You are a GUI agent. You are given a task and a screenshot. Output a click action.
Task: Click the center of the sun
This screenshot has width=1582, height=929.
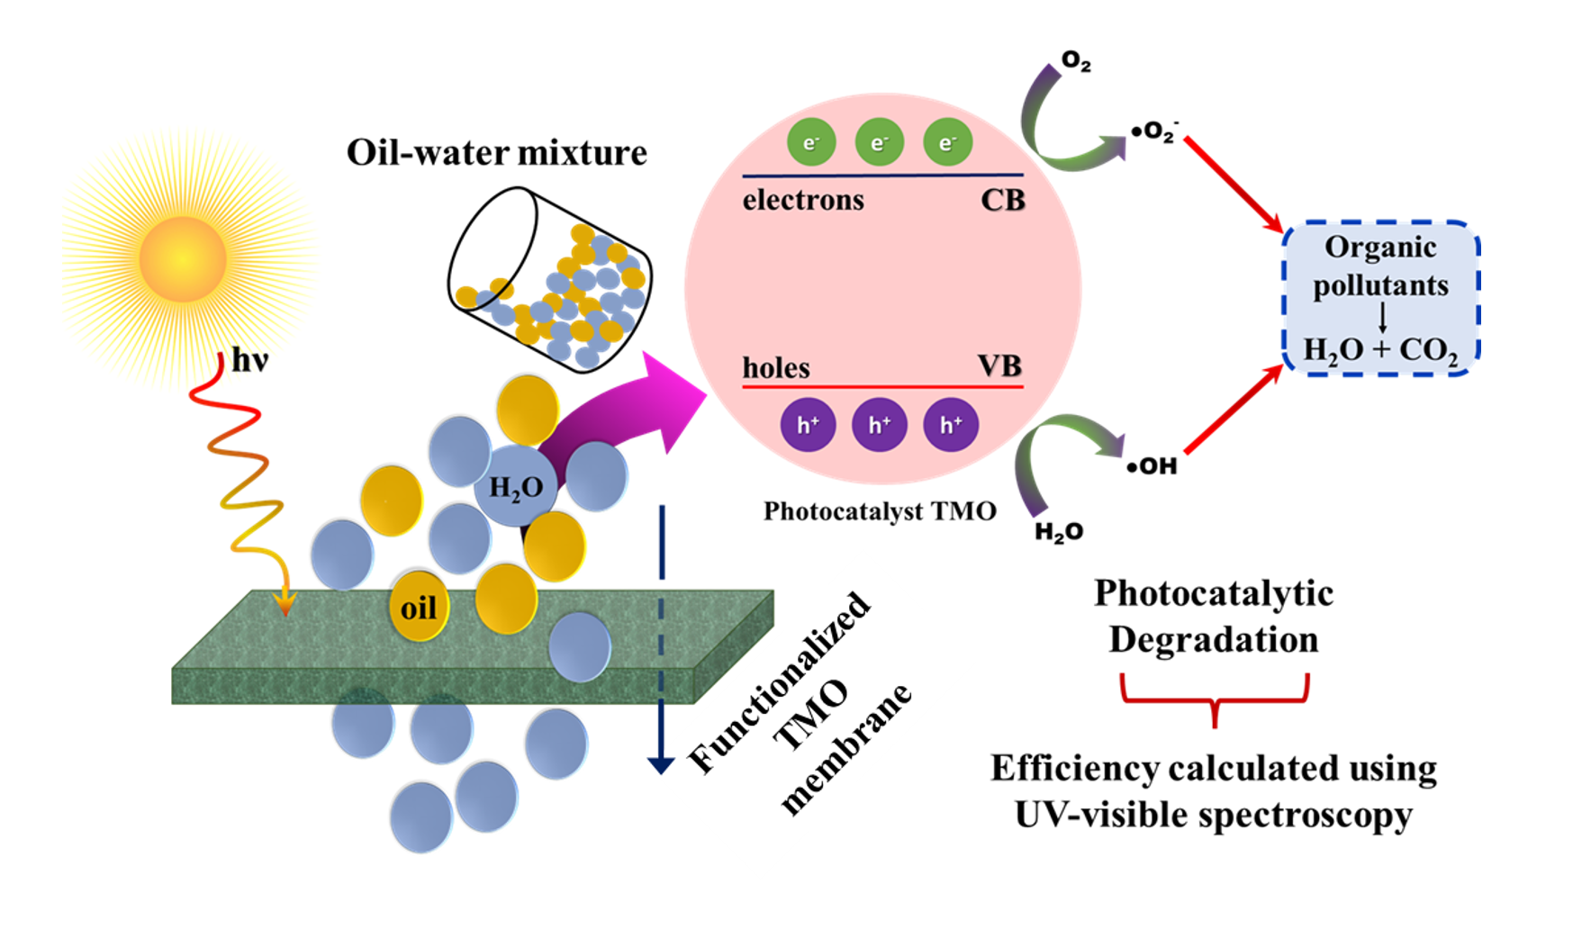[183, 258]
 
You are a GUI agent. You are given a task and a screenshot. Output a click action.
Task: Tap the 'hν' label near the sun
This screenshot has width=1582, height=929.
[249, 360]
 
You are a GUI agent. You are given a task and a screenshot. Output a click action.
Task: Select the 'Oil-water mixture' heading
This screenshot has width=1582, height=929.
[496, 152]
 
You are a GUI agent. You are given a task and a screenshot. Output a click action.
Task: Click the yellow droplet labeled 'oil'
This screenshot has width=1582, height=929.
[419, 608]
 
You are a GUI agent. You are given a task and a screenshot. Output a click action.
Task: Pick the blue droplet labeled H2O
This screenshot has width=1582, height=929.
[516, 487]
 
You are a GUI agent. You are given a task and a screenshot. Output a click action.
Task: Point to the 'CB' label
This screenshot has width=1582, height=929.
[1002, 200]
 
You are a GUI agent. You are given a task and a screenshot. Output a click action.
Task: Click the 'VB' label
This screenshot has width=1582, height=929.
[999, 366]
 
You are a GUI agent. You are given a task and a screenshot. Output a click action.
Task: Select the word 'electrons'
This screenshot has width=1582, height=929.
[802, 200]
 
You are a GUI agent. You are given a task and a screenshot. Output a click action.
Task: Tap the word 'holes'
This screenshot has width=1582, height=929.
[775, 368]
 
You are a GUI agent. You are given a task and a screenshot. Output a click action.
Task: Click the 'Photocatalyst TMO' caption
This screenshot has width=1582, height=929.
[880, 511]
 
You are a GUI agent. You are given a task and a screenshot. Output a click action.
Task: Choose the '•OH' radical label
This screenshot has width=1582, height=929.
[1153, 466]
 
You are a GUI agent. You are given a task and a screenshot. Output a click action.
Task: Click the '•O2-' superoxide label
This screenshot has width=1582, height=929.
[1155, 132]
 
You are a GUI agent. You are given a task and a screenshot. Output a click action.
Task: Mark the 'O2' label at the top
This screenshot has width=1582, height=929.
[1076, 61]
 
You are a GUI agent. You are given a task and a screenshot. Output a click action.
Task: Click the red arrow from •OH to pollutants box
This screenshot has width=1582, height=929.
[1234, 410]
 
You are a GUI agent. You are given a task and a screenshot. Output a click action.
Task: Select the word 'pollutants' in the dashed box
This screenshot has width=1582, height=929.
[1380, 285]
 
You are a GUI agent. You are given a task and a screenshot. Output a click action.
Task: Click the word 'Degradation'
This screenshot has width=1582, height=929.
[1213, 639]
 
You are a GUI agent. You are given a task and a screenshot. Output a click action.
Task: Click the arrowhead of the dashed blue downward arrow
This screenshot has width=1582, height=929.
[661, 764]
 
